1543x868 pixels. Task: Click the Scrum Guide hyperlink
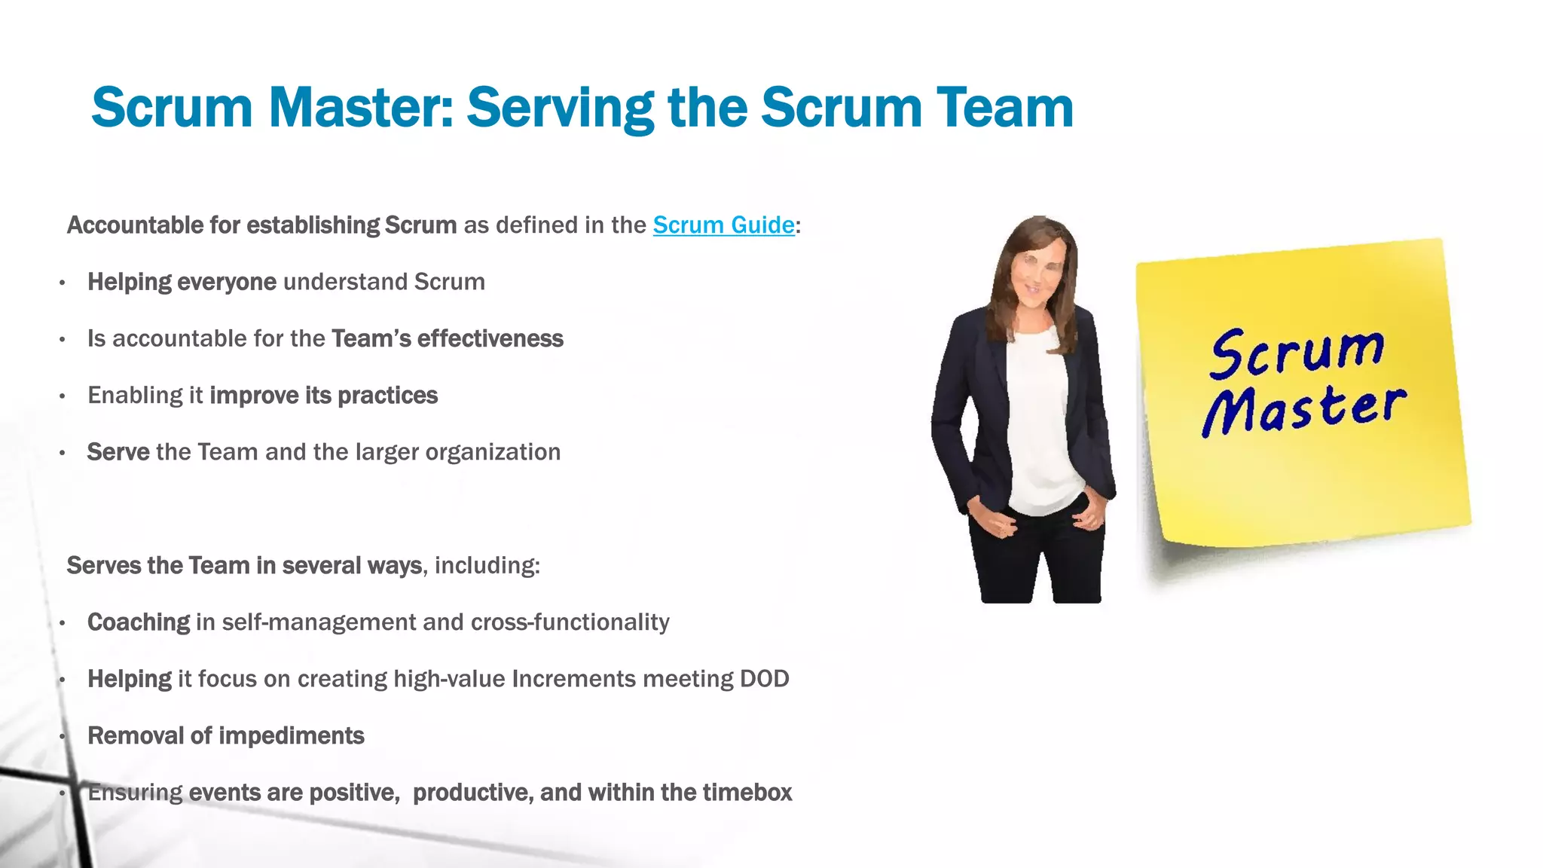[723, 225]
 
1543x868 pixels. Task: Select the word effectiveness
[490, 339]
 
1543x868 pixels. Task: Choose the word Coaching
[139, 622]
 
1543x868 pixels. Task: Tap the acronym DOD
[764, 679]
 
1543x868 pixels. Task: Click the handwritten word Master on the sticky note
[1304, 409]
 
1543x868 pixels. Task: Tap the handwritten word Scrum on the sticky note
[1297, 352]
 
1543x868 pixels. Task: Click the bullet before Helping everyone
[63, 283]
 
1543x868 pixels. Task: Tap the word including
[486, 566]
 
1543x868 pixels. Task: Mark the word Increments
[573, 679]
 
